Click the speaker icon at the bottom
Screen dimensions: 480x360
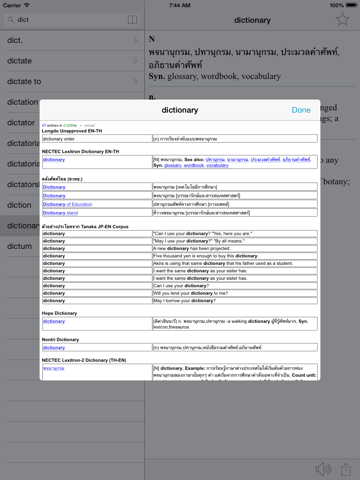coord(322,468)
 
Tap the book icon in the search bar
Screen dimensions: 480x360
coord(106,18)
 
